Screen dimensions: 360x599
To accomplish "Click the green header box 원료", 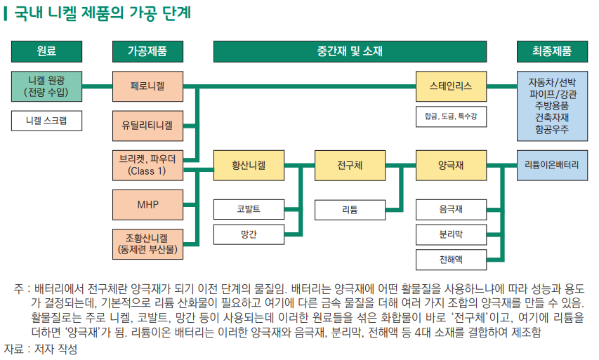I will click(x=46, y=52).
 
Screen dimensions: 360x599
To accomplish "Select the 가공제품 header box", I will click(x=147, y=52).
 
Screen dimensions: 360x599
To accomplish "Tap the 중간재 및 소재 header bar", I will click(x=349, y=52).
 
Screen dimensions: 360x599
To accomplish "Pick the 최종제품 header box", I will click(x=552, y=52).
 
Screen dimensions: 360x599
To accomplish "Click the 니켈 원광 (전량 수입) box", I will click(x=46, y=86).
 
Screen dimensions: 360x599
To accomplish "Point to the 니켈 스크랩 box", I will click(x=46, y=121).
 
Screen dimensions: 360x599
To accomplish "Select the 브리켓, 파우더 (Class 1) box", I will click(x=147, y=165).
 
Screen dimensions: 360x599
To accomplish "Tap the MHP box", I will click(x=147, y=204).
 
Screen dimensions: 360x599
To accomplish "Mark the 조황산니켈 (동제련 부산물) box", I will click(x=147, y=243).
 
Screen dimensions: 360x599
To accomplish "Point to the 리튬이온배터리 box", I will click(x=552, y=165).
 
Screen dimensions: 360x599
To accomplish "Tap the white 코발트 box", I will click(x=249, y=209).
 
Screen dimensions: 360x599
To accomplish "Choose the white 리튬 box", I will click(x=350, y=209).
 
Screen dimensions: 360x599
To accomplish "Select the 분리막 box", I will click(x=451, y=234).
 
